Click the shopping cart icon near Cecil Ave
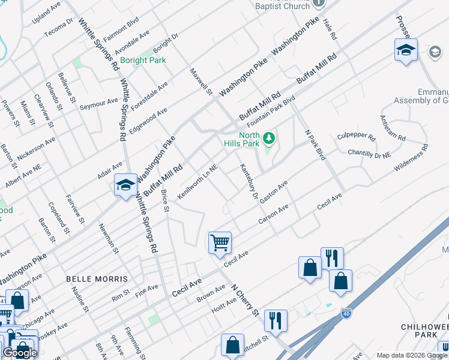point(220,243)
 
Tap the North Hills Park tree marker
point(270,139)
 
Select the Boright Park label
point(143,60)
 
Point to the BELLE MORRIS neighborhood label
point(97,279)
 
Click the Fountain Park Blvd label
point(272,107)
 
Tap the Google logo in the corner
point(20,353)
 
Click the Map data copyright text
point(412,355)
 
